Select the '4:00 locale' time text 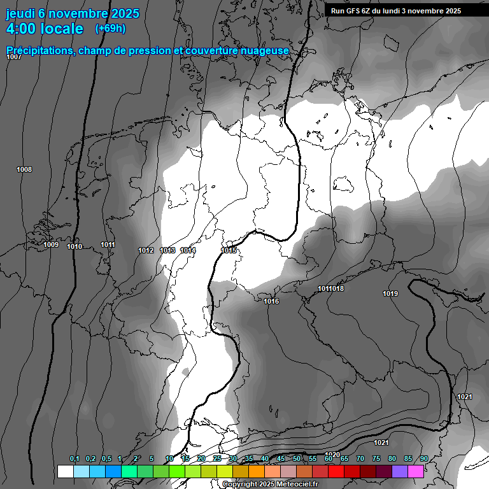point(45,29)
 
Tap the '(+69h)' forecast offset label point(110,29)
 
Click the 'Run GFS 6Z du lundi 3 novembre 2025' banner point(396,11)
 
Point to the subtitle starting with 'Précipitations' point(148,50)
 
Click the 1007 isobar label point(14,57)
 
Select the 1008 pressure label point(24,169)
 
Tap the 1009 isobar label point(51,245)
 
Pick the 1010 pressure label point(74,246)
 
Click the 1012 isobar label point(146,250)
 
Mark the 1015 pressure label point(229,250)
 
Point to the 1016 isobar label point(271,301)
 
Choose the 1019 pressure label point(390,294)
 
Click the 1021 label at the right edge point(465,397)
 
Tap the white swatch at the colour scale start point(65,471)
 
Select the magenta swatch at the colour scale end point(416,471)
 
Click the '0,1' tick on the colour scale point(74,459)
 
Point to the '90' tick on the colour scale point(424,459)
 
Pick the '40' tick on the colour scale point(265,459)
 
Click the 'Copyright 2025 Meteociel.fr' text point(270,484)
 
